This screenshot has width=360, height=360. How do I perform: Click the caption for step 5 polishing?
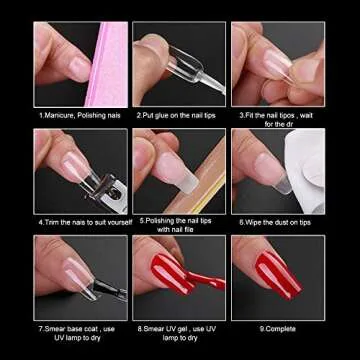tap(179, 224)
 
